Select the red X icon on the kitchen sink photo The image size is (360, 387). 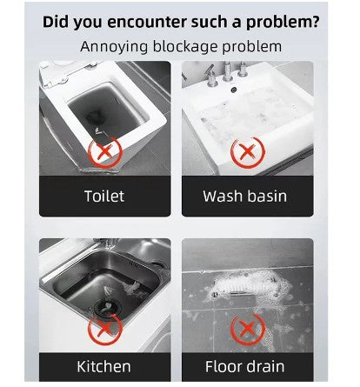click(x=105, y=328)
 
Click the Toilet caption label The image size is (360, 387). click(x=104, y=196)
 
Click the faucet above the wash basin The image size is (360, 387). click(x=228, y=72)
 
